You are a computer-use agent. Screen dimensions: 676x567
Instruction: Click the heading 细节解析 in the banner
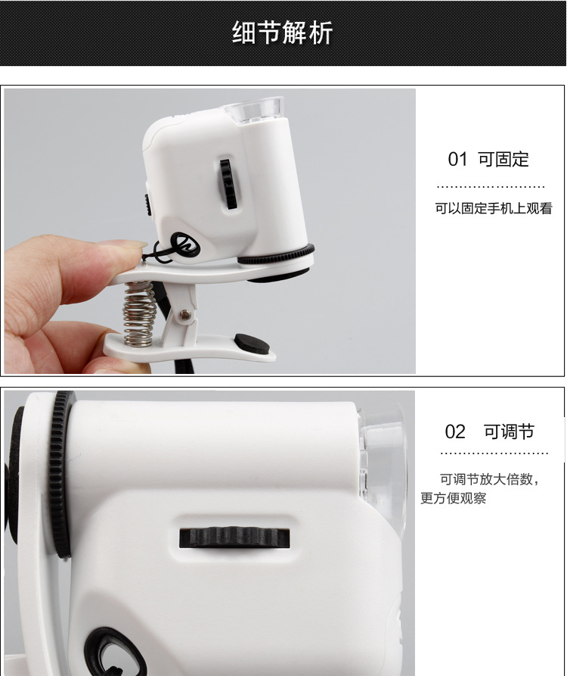(282, 33)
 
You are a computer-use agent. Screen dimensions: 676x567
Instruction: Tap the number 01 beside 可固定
(458, 160)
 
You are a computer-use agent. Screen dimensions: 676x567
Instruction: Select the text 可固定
(503, 160)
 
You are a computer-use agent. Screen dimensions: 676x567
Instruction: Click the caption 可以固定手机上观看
(493, 208)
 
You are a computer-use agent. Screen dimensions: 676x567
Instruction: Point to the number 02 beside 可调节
(455, 432)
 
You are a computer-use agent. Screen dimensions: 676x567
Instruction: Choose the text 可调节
(509, 432)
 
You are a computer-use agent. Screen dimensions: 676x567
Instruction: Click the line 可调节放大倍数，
(491, 479)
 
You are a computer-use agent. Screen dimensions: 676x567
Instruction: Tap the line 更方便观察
(454, 498)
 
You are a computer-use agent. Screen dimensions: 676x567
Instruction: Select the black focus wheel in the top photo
(225, 183)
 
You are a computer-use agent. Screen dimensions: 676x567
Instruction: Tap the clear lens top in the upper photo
(258, 111)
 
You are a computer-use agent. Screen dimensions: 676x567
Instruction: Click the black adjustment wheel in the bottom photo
(234, 537)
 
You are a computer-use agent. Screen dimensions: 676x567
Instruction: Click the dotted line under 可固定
(491, 186)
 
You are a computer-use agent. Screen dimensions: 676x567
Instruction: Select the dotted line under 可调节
(494, 453)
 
